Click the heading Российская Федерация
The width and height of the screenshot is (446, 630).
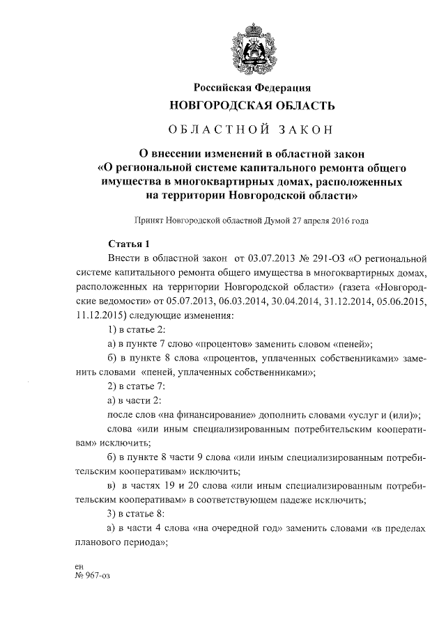(252, 88)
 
